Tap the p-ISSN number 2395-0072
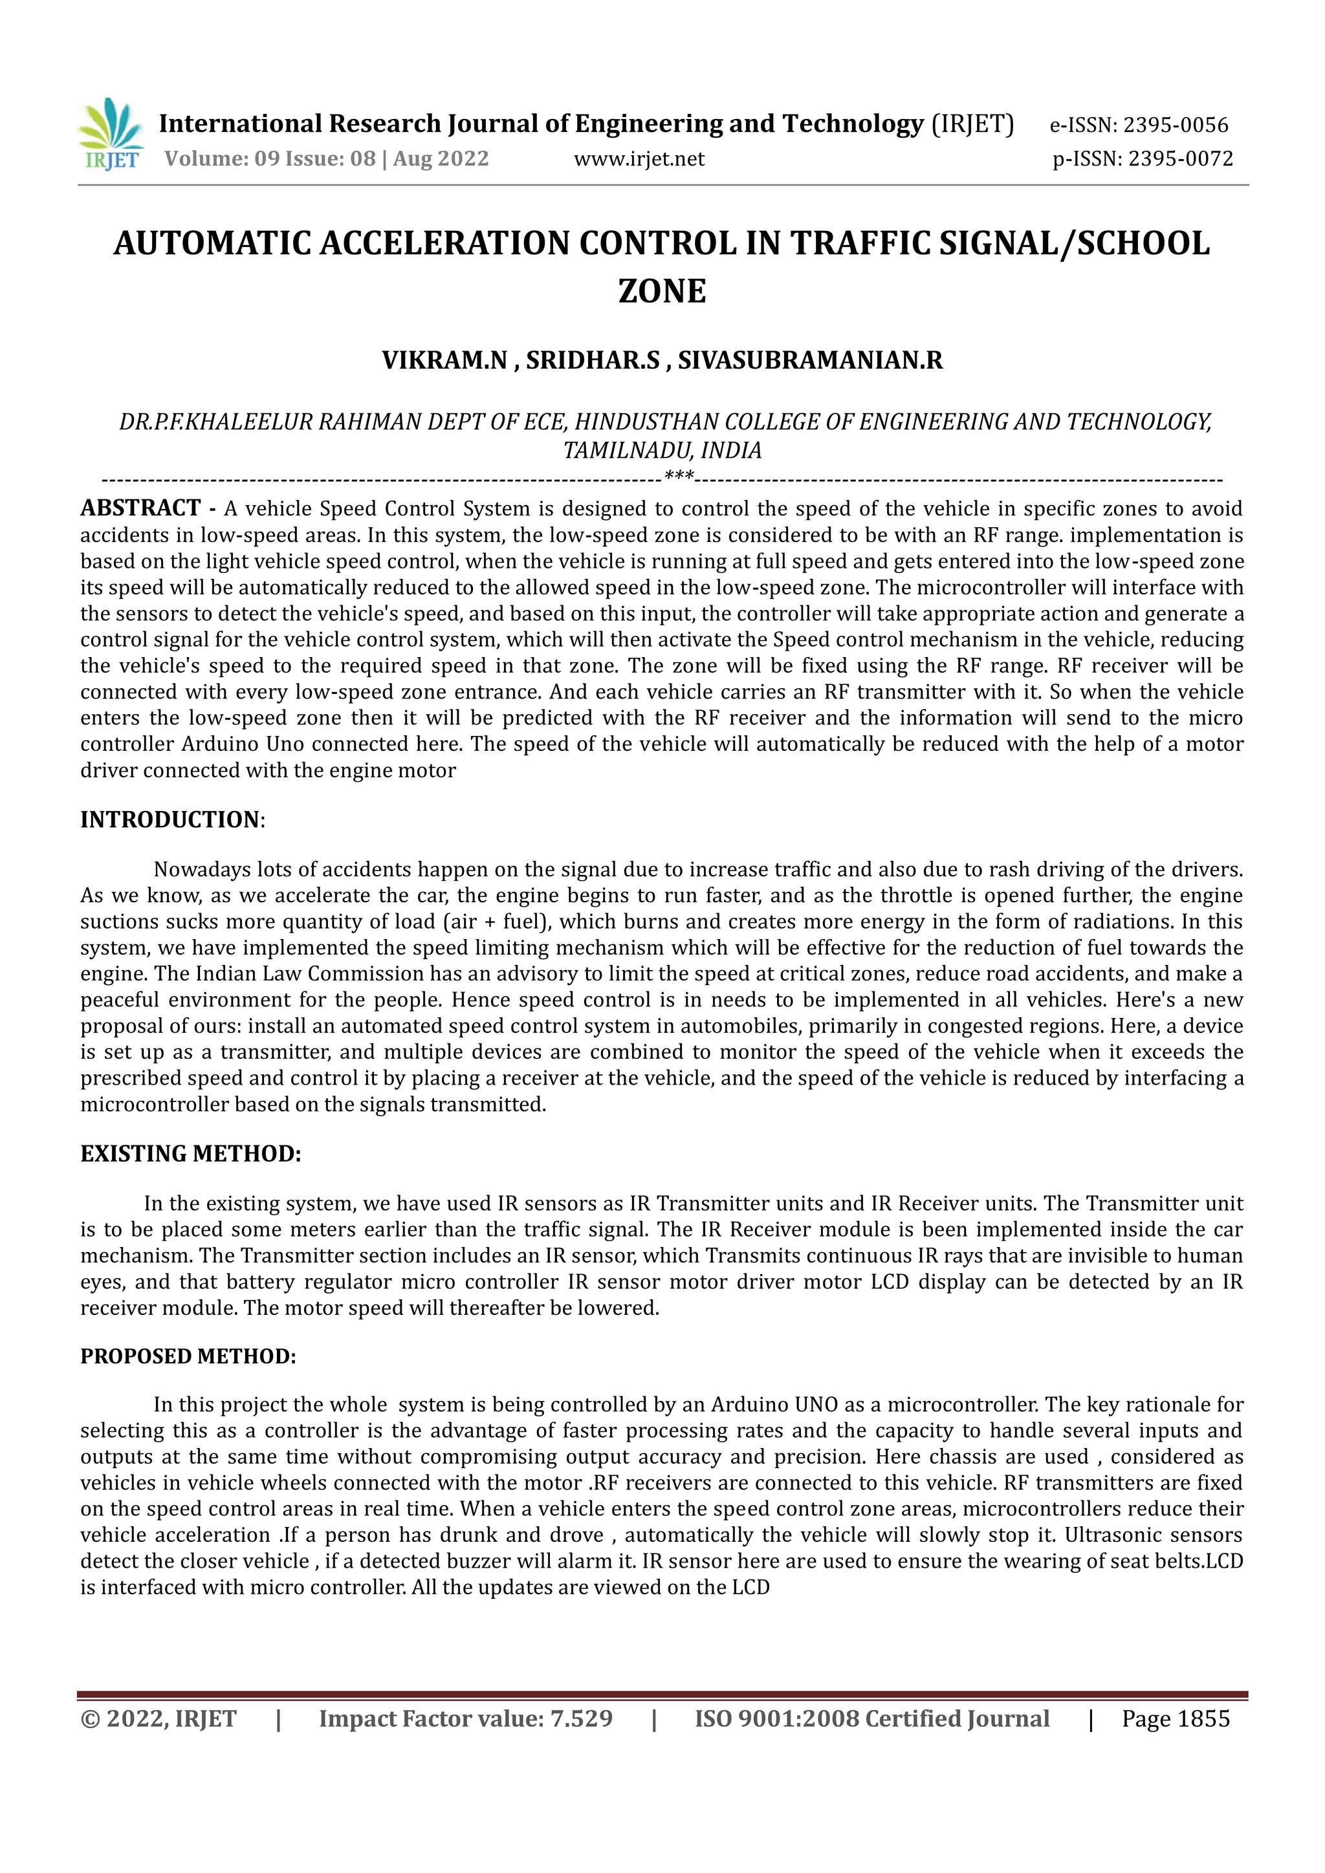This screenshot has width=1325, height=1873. pos(1180,158)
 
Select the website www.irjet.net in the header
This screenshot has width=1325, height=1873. pos(639,158)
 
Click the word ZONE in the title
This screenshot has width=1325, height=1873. pos(662,291)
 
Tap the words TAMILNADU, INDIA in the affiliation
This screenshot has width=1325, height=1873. pos(662,449)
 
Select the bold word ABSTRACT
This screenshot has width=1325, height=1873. pos(140,508)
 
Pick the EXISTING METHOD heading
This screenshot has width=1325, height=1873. pos(190,1154)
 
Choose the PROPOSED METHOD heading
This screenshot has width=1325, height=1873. pos(188,1356)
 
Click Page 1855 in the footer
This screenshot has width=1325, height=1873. pos(1175,1719)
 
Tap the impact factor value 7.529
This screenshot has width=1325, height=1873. pos(581,1719)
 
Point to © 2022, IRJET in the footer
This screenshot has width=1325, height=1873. pos(159,1719)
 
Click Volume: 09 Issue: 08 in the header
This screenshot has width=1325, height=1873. pos(270,158)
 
